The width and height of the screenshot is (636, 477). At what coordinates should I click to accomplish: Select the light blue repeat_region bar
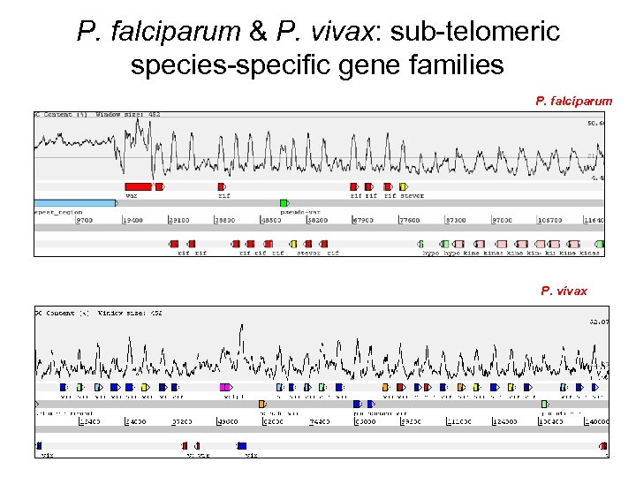[x=75, y=203]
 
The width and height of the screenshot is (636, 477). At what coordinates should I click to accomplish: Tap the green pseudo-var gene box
[x=284, y=203]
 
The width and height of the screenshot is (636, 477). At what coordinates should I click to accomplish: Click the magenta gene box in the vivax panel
[x=225, y=387]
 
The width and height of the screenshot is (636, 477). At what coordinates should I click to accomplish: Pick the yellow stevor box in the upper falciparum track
[x=403, y=186]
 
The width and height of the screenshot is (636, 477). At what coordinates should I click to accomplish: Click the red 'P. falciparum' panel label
[x=573, y=101]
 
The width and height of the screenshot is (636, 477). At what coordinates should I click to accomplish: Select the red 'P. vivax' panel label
[x=564, y=291]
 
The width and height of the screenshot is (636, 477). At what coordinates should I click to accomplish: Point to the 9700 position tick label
[x=85, y=220]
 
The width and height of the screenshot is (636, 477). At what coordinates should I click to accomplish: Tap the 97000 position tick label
[x=501, y=220]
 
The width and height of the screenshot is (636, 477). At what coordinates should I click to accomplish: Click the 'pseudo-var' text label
[x=297, y=213]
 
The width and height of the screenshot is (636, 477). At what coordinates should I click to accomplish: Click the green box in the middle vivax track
[x=545, y=404]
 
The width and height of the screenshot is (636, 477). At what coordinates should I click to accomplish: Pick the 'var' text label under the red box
[x=131, y=196]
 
